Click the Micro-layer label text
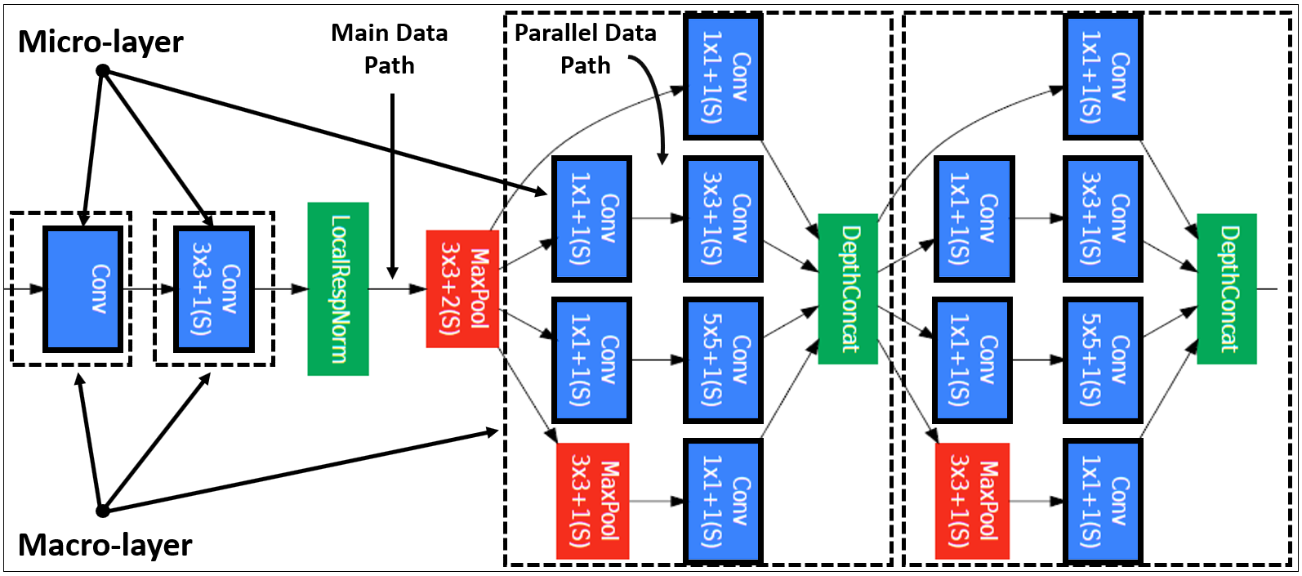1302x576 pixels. (100, 42)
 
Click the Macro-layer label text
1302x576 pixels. (105, 545)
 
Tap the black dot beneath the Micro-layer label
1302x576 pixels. (103, 71)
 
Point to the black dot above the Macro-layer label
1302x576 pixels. (103, 511)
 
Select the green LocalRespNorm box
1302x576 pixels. (337, 289)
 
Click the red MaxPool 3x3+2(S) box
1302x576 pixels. (462, 289)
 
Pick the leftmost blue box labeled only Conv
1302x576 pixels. (83, 289)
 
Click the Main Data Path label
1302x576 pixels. (390, 49)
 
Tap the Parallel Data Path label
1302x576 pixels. (586, 49)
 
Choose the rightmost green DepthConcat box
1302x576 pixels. (1227, 289)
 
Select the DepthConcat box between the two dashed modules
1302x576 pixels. (848, 289)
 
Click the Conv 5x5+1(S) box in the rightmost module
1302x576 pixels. (1103, 359)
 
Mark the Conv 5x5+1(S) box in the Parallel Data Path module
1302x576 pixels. (723, 359)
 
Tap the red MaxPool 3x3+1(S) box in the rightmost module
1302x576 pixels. (973, 502)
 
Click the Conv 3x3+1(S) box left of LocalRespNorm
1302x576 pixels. (214, 289)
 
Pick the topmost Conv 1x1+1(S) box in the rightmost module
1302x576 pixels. (1103, 77)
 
